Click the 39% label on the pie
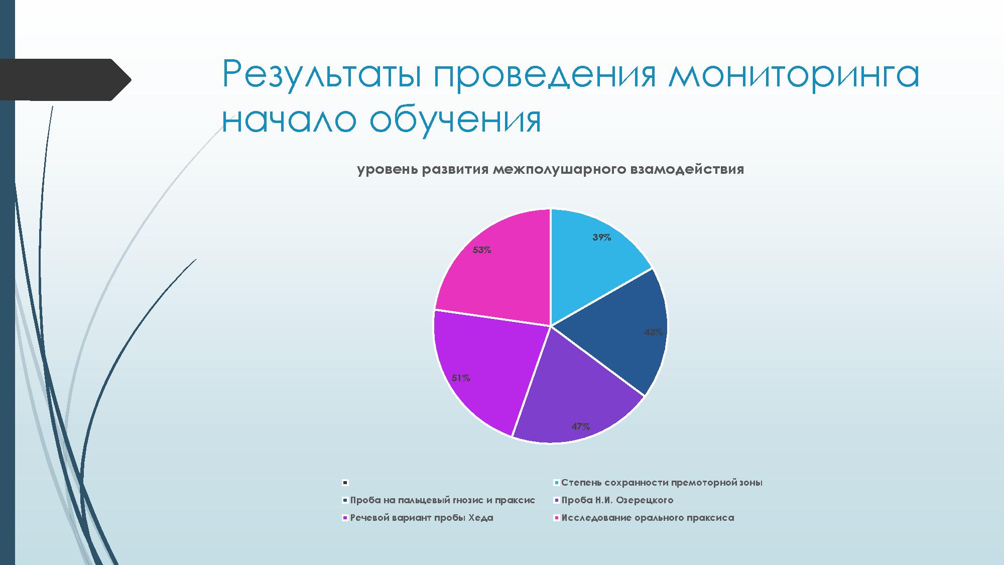tap(601, 238)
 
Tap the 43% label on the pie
tap(654, 332)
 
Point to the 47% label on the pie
tap(581, 426)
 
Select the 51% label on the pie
tap(461, 378)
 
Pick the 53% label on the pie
tap(482, 250)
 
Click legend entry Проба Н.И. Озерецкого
tap(613, 500)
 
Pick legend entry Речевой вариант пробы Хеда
tap(417, 518)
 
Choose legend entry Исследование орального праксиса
tap(644, 518)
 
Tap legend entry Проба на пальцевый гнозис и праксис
tap(438, 500)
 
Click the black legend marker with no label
tap(345, 483)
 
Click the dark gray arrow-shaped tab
tap(63, 80)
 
